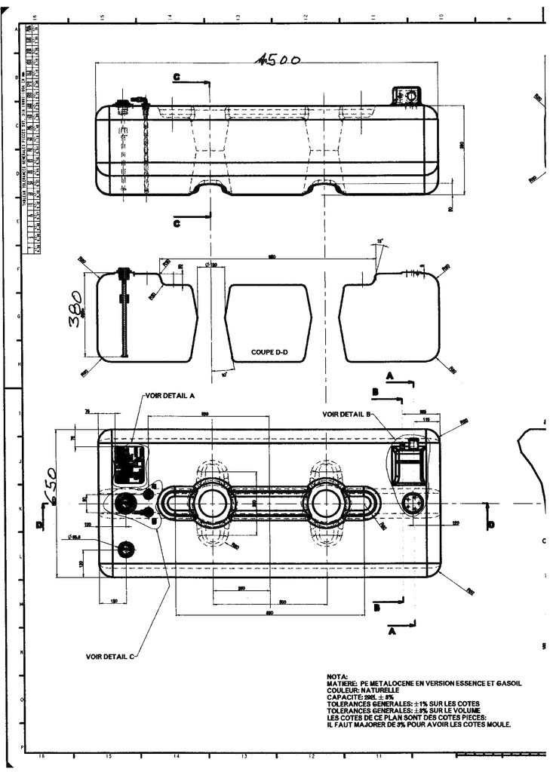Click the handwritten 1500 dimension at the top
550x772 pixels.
coord(278,60)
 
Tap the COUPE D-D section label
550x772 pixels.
coord(269,352)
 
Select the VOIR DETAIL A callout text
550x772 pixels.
coord(169,395)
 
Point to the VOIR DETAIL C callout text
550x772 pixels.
coord(110,657)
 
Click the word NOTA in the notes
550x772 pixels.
coord(337,676)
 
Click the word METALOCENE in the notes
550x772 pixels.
coord(395,683)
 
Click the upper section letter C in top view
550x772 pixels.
coord(177,78)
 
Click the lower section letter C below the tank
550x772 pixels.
coord(177,223)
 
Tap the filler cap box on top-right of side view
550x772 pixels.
coord(407,96)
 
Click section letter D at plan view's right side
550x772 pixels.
coord(491,524)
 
